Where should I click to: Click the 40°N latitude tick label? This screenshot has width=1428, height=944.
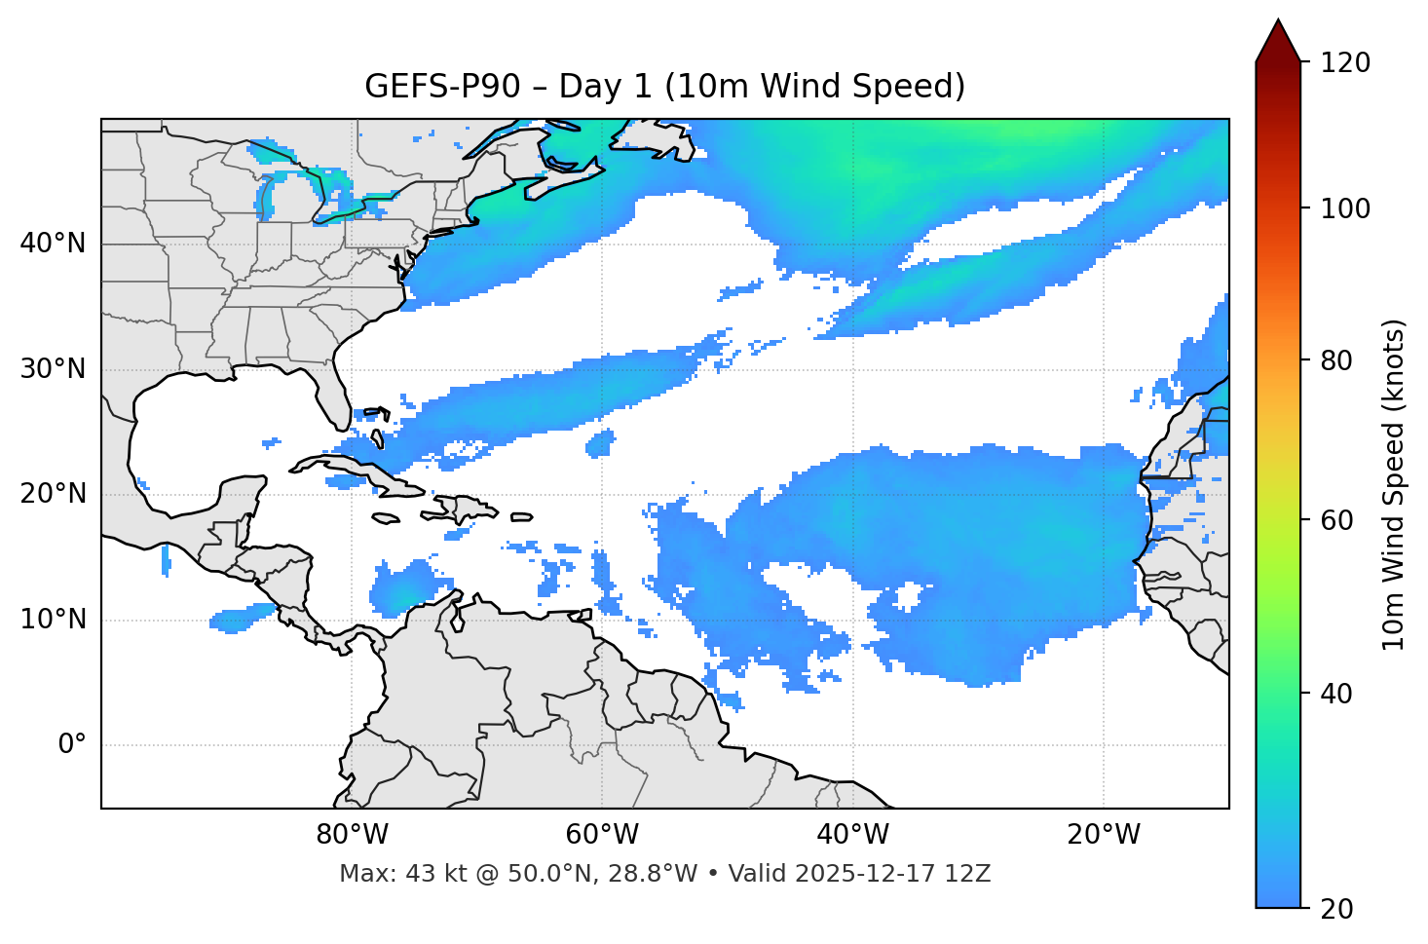pos(53,244)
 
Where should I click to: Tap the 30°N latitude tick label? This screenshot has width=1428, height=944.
pos(53,369)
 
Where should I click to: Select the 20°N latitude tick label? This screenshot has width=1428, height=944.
pos(53,494)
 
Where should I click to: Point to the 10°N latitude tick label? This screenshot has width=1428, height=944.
pos(53,620)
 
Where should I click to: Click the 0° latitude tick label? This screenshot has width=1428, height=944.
pos(72,745)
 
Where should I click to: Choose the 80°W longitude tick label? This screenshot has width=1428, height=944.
pos(352,835)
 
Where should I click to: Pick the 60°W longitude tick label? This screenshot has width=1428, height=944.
pos(602,835)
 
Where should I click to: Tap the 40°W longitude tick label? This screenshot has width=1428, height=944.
pos(852,835)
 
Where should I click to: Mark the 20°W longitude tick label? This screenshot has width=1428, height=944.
pos(1104,835)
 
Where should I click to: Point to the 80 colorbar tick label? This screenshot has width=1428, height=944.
pos(1336,360)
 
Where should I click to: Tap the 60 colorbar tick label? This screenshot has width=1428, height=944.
pos(1336,520)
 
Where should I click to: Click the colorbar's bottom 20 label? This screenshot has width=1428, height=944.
pos(1336,909)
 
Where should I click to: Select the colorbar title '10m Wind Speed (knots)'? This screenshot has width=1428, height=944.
pos(1394,484)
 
